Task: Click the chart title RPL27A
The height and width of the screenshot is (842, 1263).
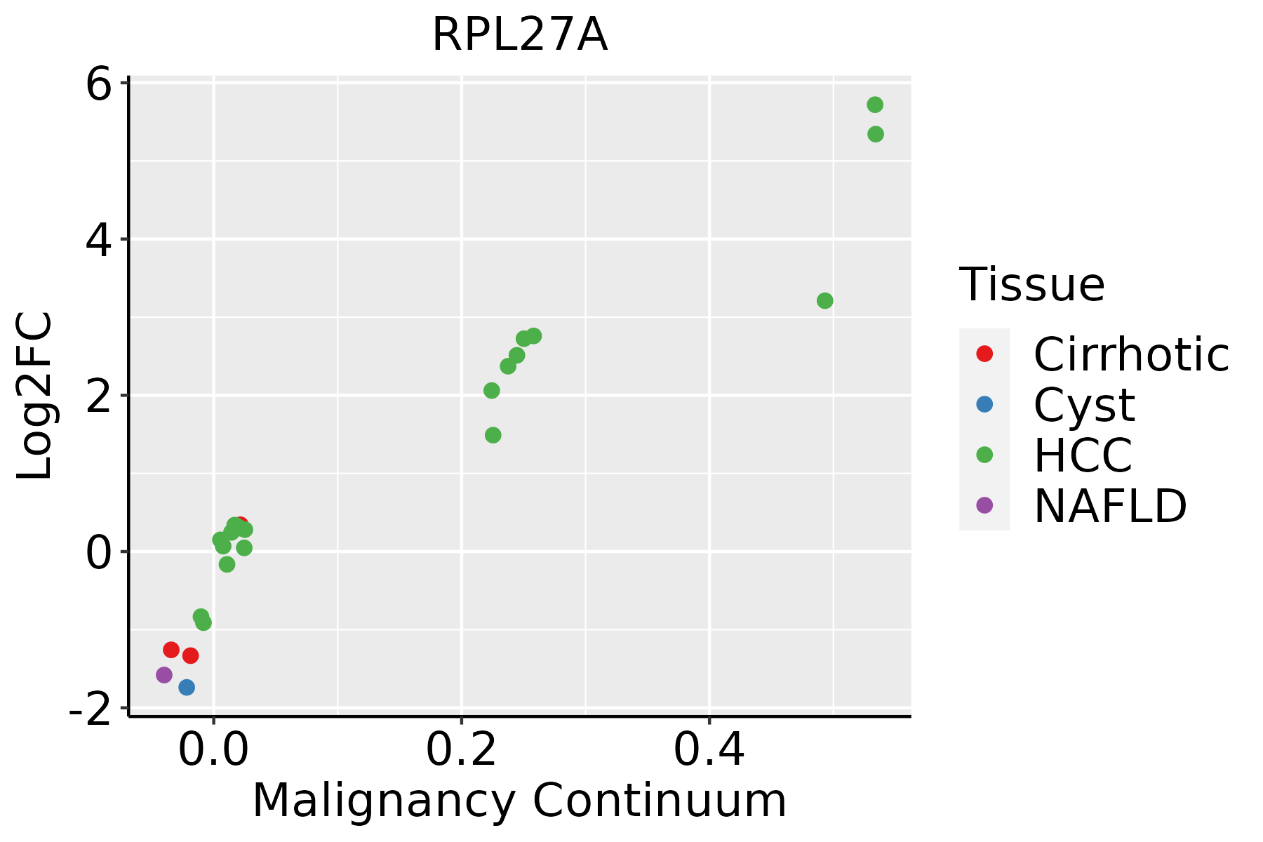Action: click(519, 35)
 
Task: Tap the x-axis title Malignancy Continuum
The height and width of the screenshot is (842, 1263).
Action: click(519, 801)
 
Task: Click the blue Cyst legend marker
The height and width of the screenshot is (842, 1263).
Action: click(984, 404)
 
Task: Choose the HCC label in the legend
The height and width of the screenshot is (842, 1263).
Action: click(1083, 455)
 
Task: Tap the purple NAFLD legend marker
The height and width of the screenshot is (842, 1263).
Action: click(984, 504)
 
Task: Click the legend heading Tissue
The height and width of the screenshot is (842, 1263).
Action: click(1031, 285)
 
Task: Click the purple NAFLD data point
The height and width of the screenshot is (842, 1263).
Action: click(164, 675)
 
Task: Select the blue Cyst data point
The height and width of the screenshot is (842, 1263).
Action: click(187, 687)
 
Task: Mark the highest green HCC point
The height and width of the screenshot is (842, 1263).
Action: click(875, 105)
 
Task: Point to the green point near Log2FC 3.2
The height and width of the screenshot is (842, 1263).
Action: click(825, 300)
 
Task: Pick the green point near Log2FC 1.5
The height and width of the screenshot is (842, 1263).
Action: click(493, 435)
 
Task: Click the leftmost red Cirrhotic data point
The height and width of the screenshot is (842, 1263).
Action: click(171, 650)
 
